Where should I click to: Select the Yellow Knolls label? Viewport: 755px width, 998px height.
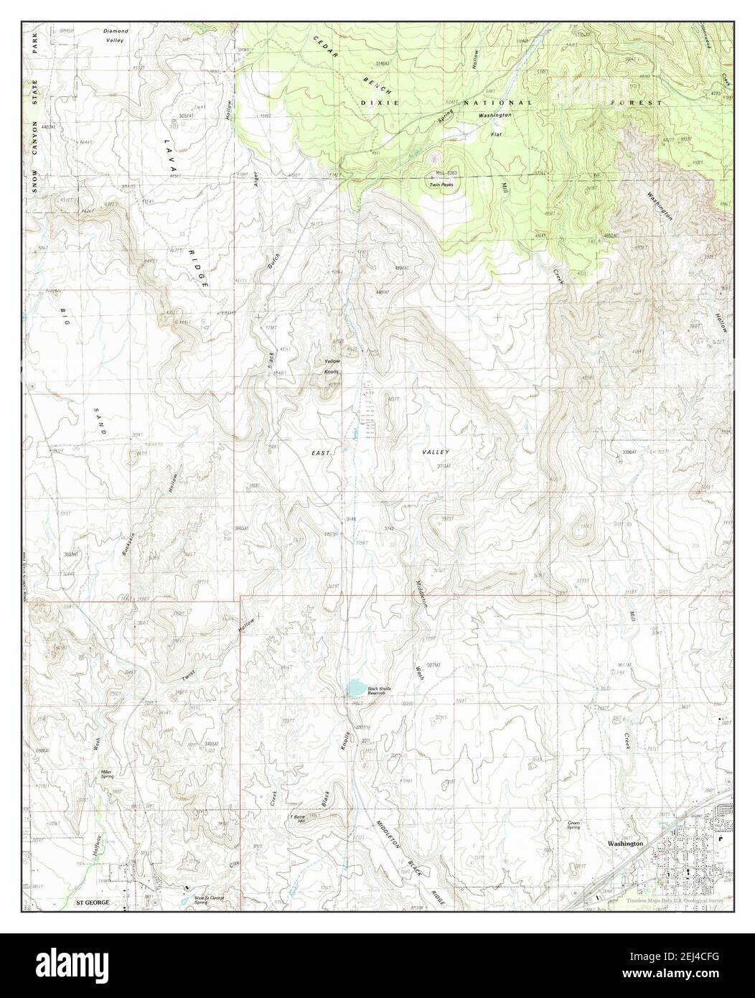click(x=331, y=365)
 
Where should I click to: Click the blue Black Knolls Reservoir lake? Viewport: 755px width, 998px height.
click(x=355, y=689)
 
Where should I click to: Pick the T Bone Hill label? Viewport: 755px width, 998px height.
click(x=297, y=820)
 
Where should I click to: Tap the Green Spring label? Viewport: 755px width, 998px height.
click(x=573, y=825)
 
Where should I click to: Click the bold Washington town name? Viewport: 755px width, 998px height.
click(x=624, y=844)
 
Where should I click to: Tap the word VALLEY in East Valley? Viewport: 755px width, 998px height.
click(x=436, y=452)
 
